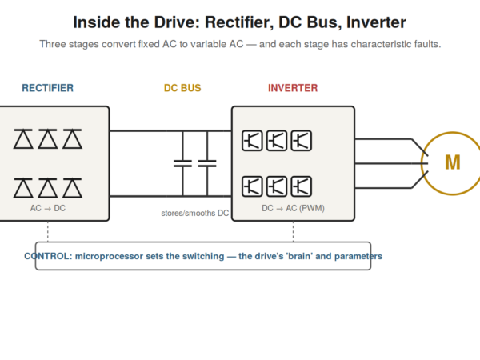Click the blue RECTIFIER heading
click(x=47, y=88)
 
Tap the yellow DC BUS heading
click(x=182, y=88)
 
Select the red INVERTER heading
click(x=293, y=88)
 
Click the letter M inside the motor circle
click(x=453, y=162)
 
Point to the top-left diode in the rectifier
click(x=23, y=139)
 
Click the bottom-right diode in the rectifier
click(x=72, y=188)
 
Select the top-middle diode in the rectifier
click(x=48, y=139)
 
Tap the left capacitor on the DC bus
click(x=182, y=163)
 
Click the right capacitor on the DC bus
click(x=207, y=163)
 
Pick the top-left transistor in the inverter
click(x=252, y=141)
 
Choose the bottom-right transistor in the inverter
click(x=302, y=186)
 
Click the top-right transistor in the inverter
click(x=302, y=141)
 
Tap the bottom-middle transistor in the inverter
click(x=277, y=186)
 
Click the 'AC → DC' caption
click(x=48, y=208)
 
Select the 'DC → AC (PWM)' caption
click(x=293, y=208)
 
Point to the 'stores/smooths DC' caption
click(x=195, y=213)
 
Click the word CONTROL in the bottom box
click(x=47, y=256)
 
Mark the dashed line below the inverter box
click(x=294, y=231)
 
